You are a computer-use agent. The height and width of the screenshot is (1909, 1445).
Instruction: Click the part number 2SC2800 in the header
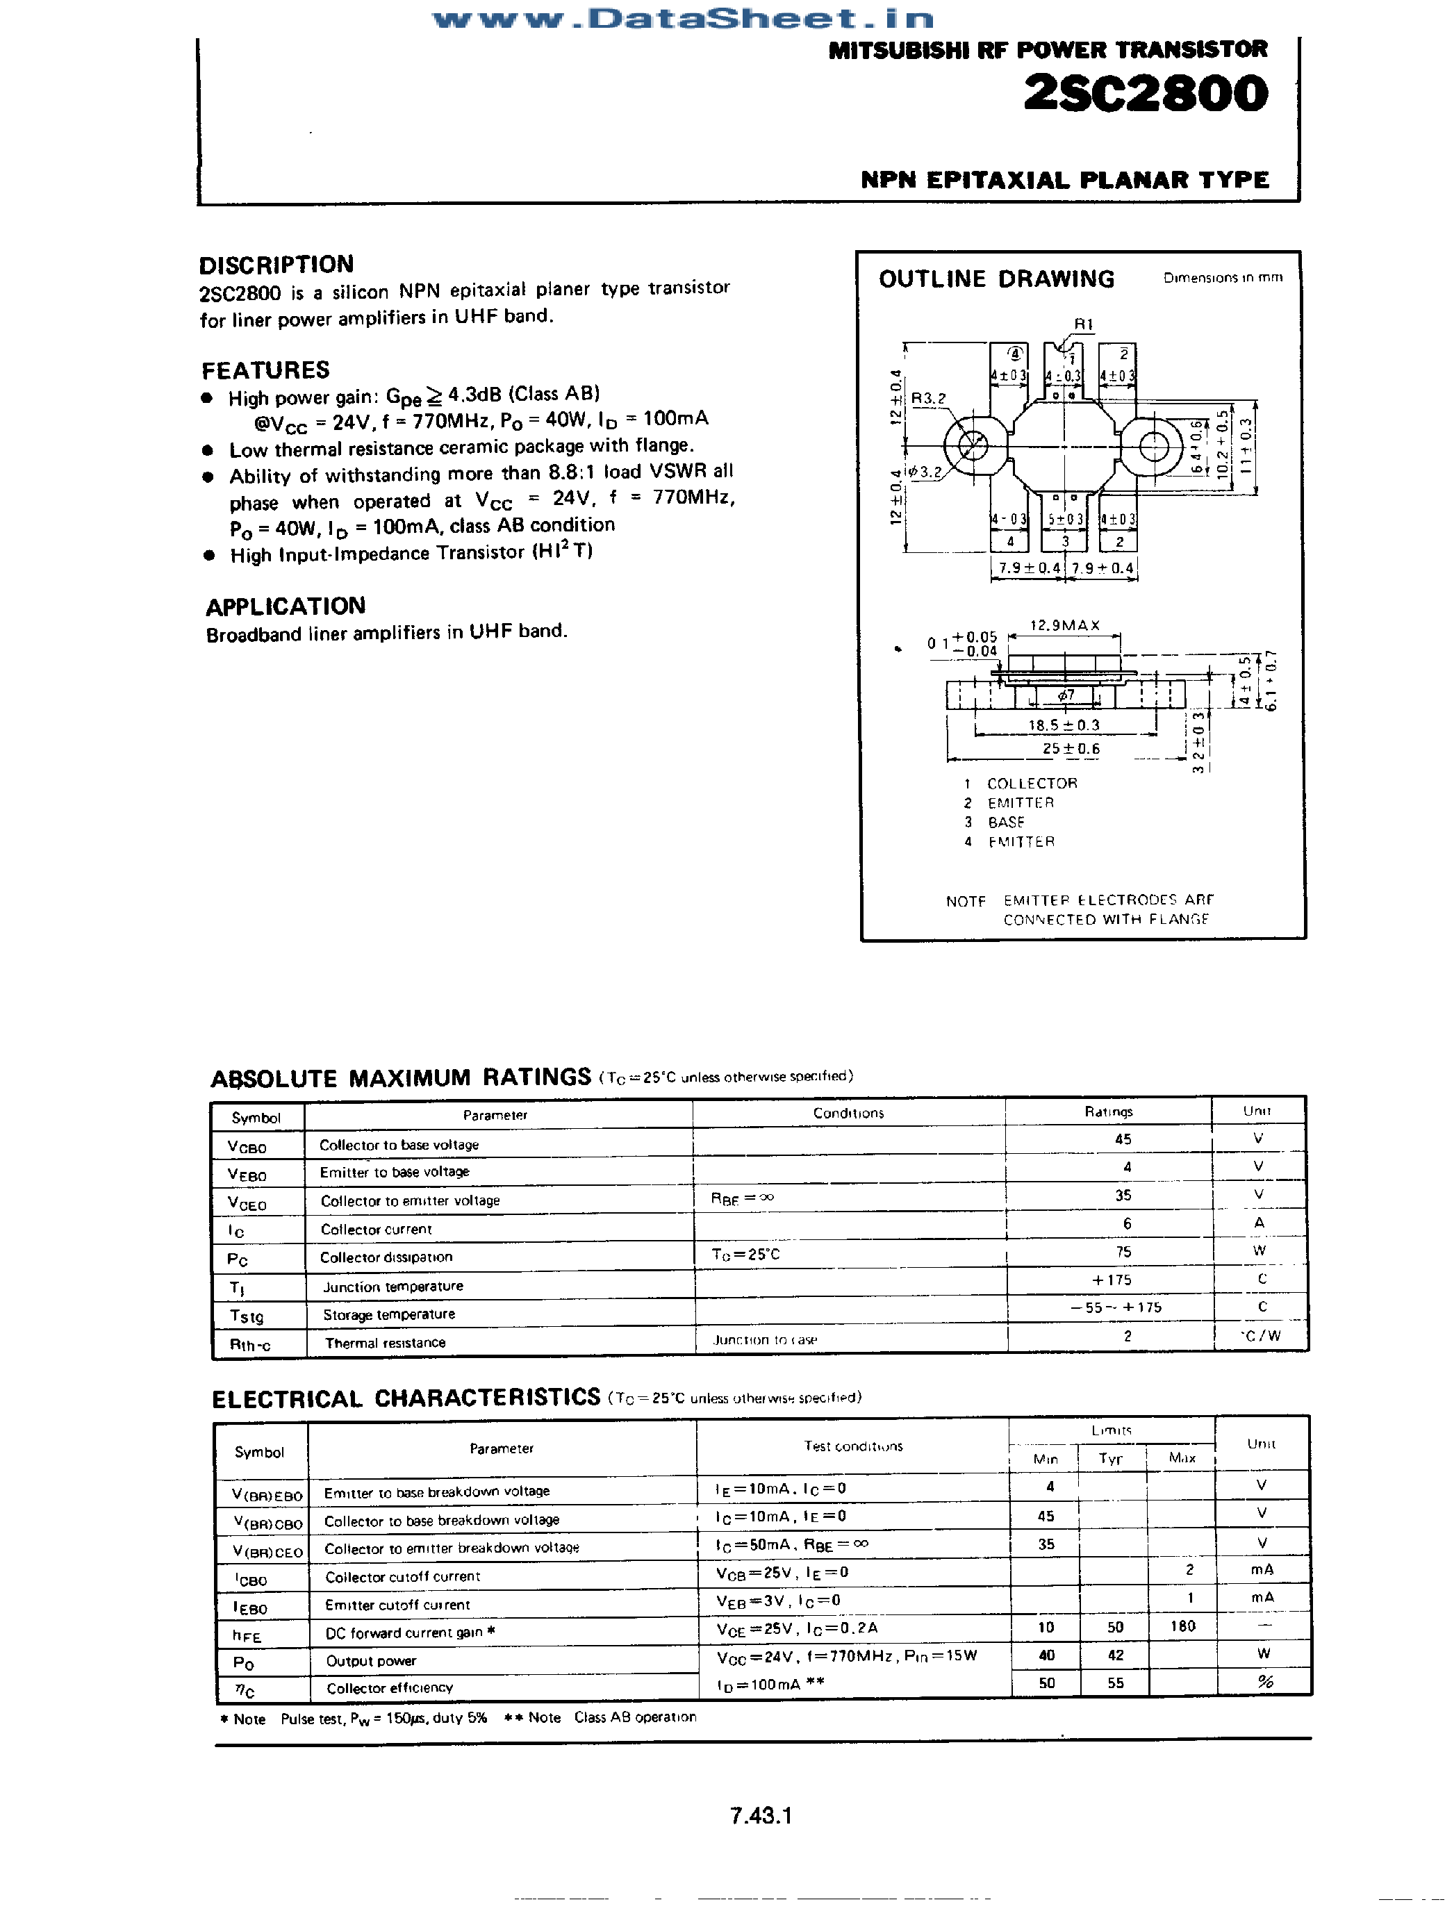pos(1146,94)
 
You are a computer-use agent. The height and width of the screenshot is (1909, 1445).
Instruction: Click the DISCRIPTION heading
pos(276,264)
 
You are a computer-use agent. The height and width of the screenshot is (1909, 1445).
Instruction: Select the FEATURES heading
pos(266,370)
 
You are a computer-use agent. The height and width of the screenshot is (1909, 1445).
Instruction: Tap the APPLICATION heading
pos(286,606)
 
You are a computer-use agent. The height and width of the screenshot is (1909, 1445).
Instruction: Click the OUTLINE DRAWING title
pos(996,279)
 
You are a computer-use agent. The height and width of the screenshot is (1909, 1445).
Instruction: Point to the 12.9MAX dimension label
pos(1064,625)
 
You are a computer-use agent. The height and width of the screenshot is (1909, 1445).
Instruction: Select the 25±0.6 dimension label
pos(1071,748)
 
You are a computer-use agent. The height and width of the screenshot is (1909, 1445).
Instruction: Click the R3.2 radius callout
pos(928,398)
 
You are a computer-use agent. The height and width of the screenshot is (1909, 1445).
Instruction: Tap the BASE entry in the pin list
pos(1006,822)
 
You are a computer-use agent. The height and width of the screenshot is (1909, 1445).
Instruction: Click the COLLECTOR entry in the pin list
pos(1032,783)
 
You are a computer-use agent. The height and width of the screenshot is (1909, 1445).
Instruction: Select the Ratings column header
pos(1108,1111)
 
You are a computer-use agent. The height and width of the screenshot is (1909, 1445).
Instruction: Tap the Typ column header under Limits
pos(1110,1459)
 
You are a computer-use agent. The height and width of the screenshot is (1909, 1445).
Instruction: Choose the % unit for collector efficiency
pos(1264,1681)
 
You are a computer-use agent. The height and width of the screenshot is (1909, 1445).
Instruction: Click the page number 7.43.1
pos(761,1815)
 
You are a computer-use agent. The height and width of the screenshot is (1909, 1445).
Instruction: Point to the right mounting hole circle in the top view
pos(1154,446)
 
